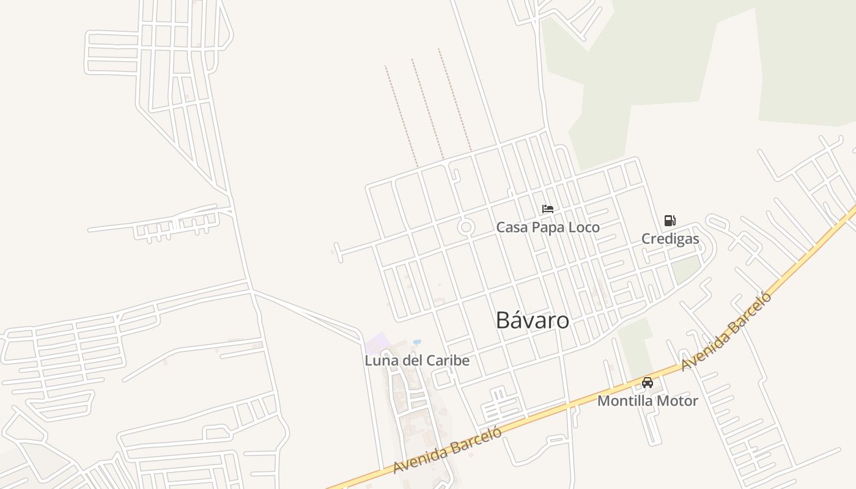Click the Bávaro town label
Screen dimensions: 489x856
coord(532,320)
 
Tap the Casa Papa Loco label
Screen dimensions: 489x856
coord(547,227)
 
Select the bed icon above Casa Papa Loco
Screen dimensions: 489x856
coord(548,209)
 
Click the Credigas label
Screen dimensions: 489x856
coord(670,238)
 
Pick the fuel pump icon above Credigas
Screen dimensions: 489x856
coord(670,221)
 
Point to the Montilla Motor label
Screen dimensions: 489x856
coord(648,401)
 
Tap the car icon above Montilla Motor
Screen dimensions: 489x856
coord(648,383)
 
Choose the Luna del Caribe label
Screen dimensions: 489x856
coord(417,361)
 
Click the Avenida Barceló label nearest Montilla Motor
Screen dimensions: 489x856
coord(726,331)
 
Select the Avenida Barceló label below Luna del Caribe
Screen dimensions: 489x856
coord(447,449)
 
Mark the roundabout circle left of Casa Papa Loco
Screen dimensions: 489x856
coord(466,227)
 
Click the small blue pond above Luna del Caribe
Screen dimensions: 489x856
coord(417,342)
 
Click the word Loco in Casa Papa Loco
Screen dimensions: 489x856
coord(583,227)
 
